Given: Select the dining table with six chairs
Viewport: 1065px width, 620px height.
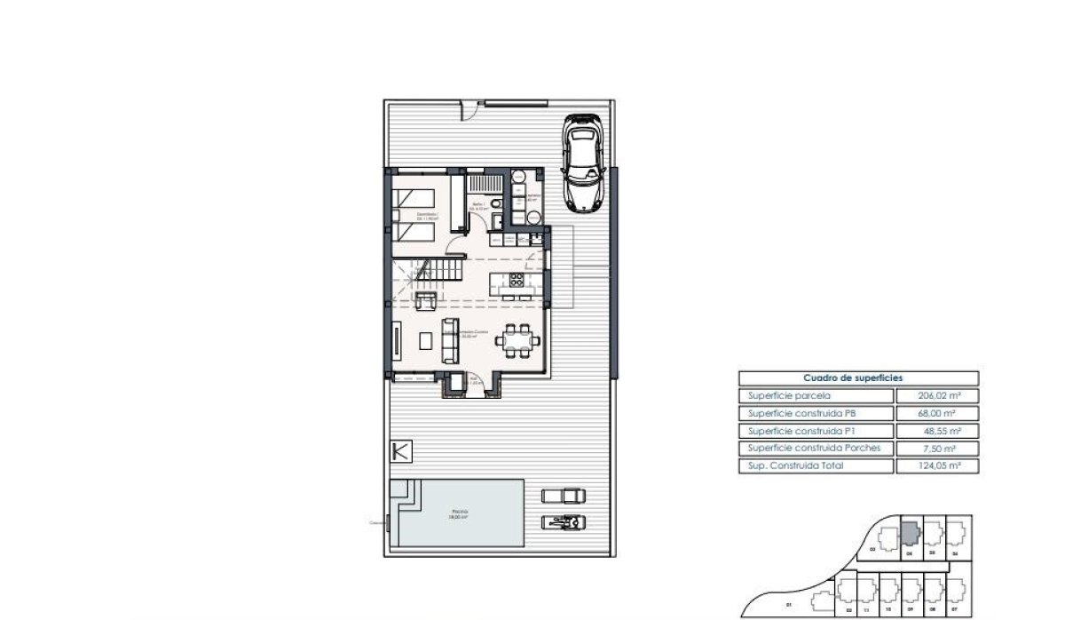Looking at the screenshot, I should (x=517, y=338).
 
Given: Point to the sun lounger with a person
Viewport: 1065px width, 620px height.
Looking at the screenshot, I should (x=564, y=521).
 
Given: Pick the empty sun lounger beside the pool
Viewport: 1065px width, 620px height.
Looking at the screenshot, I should (x=564, y=494).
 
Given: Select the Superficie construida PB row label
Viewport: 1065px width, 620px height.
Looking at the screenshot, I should (x=806, y=414).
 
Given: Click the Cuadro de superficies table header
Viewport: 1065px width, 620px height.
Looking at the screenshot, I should (x=858, y=378).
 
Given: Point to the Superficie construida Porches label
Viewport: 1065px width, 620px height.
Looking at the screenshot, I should (x=815, y=449).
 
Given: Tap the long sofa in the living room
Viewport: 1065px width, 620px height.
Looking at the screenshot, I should (x=450, y=339).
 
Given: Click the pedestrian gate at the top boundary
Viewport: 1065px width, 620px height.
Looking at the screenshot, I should (x=468, y=110).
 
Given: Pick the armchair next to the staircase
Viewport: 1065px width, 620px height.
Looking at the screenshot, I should (x=426, y=300).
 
